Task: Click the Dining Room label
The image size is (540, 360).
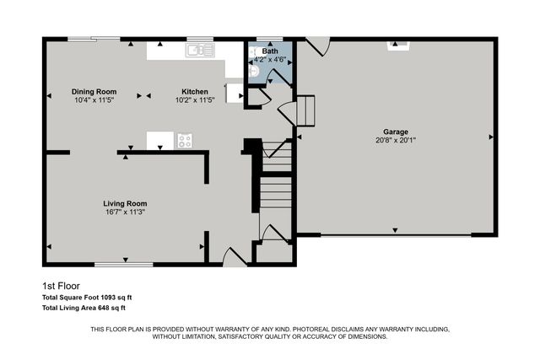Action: tap(94, 91)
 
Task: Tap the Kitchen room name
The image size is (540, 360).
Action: tap(195, 91)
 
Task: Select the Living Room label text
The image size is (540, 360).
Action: tap(125, 203)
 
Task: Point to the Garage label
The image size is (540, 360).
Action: tap(396, 132)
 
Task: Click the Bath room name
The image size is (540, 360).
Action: tap(270, 51)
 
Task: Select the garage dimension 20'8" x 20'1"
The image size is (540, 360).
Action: tap(396, 141)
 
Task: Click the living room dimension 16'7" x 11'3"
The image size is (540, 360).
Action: tap(125, 212)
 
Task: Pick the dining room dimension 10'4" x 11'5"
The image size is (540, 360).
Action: tap(94, 99)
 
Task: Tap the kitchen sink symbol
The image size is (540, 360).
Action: tap(200, 51)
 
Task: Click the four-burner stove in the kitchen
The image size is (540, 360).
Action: tap(184, 141)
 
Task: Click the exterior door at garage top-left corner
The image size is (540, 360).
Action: tap(317, 46)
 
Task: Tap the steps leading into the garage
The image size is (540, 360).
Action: tap(305, 110)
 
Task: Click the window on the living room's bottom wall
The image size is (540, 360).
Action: tap(123, 265)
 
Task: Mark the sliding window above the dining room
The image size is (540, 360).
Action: tap(94, 38)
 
